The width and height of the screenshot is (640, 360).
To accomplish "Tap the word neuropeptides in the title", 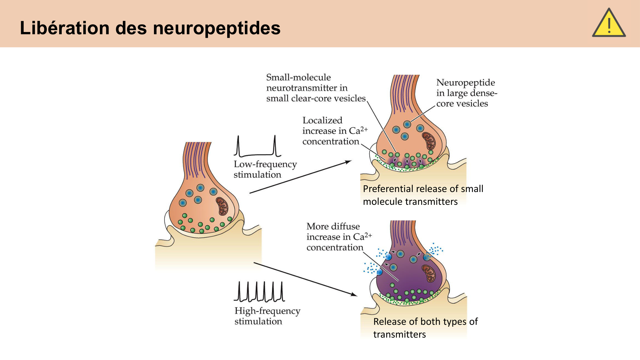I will [217, 28].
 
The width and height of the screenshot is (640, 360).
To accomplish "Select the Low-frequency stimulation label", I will [265, 169].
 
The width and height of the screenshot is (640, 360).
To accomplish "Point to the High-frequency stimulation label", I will [267, 316].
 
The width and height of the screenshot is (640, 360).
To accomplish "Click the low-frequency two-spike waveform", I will [257, 146].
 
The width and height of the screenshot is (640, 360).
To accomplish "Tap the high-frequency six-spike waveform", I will [259, 292].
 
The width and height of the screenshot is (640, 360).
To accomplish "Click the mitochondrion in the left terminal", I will [222, 206].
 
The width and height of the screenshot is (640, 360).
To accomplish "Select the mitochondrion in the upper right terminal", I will [429, 141].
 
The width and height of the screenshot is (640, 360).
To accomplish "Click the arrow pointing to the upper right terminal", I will [301, 177].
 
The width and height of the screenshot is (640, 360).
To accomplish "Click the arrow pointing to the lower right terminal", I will [306, 279].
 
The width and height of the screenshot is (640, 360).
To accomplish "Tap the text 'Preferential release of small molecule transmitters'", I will [423, 195].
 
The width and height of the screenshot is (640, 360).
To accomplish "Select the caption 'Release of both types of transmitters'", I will [425, 328].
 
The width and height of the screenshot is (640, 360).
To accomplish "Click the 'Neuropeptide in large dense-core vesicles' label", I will [466, 93].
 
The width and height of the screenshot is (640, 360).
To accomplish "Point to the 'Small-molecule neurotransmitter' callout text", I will [316, 88].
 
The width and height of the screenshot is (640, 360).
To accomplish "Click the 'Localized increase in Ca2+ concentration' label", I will [335, 131].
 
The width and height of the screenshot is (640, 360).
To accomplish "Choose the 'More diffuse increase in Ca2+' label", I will [339, 237].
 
